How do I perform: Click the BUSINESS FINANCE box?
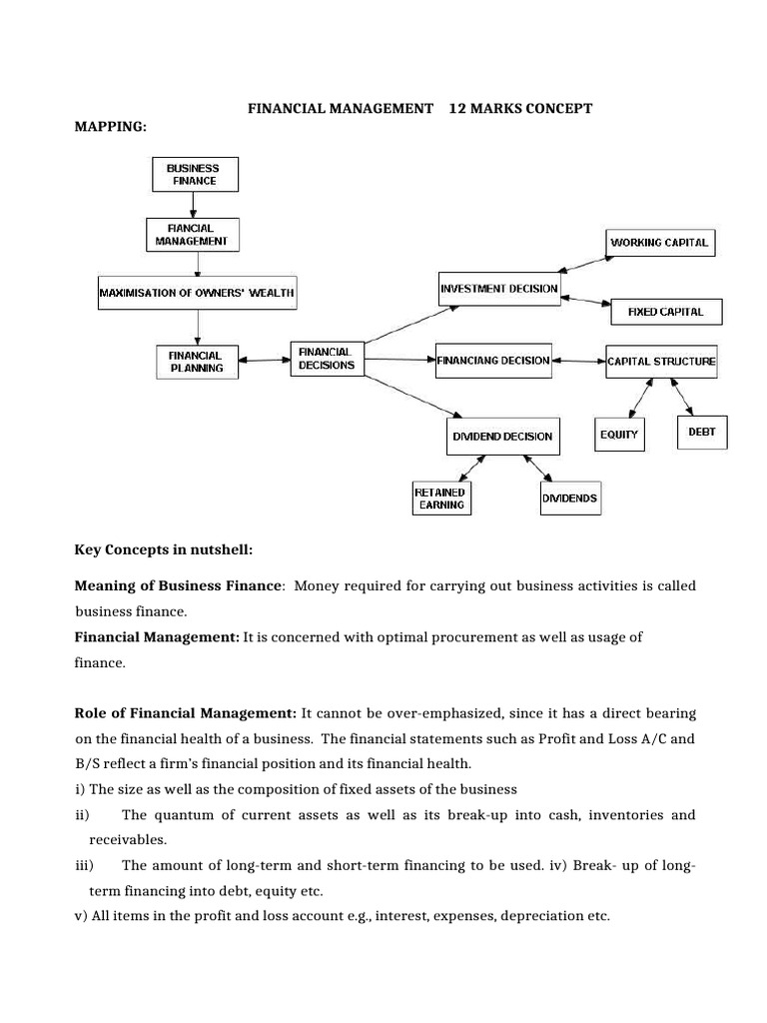[196, 174]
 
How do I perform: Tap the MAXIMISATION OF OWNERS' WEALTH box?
[197, 293]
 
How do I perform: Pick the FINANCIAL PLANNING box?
[196, 361]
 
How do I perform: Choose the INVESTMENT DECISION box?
[499, 289]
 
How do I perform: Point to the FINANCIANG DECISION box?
[493, 360]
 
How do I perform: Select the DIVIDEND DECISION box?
[499, 436]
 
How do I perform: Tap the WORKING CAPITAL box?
[659, 242]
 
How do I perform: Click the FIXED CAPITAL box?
[665, 312]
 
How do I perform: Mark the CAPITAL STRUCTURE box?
[661, 361]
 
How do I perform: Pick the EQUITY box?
[619, 435]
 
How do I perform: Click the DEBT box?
[702, 432]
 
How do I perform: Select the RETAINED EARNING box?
[440, 498]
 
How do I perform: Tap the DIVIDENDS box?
[570, 498]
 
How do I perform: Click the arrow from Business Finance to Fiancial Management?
[194, 204]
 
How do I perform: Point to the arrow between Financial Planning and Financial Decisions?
[264, 361]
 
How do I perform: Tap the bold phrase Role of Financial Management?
[186, 713]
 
